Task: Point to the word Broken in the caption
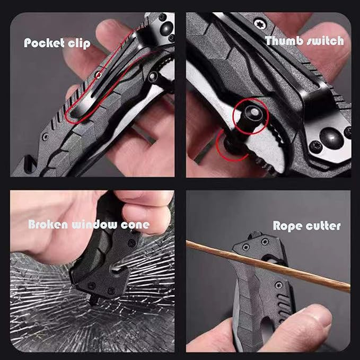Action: pos(48,224)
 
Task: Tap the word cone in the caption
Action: pos(135,225)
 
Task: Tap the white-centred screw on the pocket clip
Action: pos(99,74)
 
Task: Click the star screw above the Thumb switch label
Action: pos(260,23)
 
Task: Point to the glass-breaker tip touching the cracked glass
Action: pos(93,301)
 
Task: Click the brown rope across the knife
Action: pos(268,266)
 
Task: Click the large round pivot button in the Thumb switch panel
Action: pos(331,137)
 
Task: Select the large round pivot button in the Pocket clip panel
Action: pos(166,29)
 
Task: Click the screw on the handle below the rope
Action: pos(278,285)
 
